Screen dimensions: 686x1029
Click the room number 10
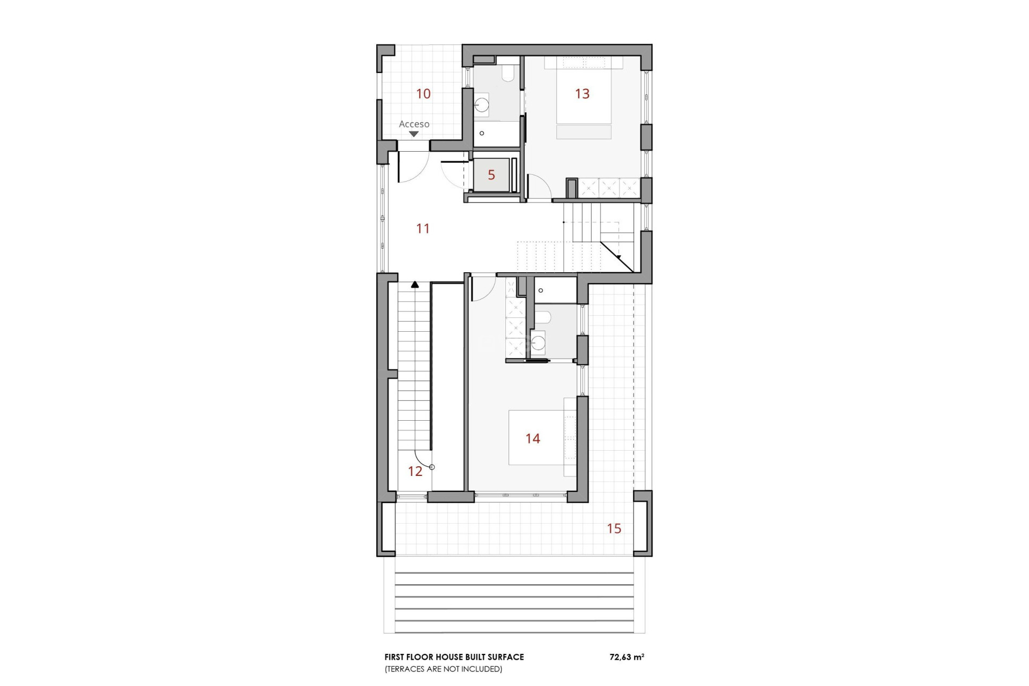[423, 94]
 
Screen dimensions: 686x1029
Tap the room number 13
[582, 94]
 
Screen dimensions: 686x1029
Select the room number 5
[491, 175]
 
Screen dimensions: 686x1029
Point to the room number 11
[423, 229]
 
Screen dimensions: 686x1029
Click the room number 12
[415, 472]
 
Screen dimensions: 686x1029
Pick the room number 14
[533, 439]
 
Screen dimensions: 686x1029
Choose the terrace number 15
[614, 529]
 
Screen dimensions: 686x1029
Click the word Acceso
[414, 124]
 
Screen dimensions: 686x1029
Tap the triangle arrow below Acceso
[414, 134]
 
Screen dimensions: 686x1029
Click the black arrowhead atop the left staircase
[415, 285]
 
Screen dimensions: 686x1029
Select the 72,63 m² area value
[627, 657]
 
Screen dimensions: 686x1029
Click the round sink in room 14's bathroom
[538, 342]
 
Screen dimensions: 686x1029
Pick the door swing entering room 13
[539, 187]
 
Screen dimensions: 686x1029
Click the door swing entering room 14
[482, 288]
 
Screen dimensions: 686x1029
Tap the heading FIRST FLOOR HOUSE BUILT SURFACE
[454, 657]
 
